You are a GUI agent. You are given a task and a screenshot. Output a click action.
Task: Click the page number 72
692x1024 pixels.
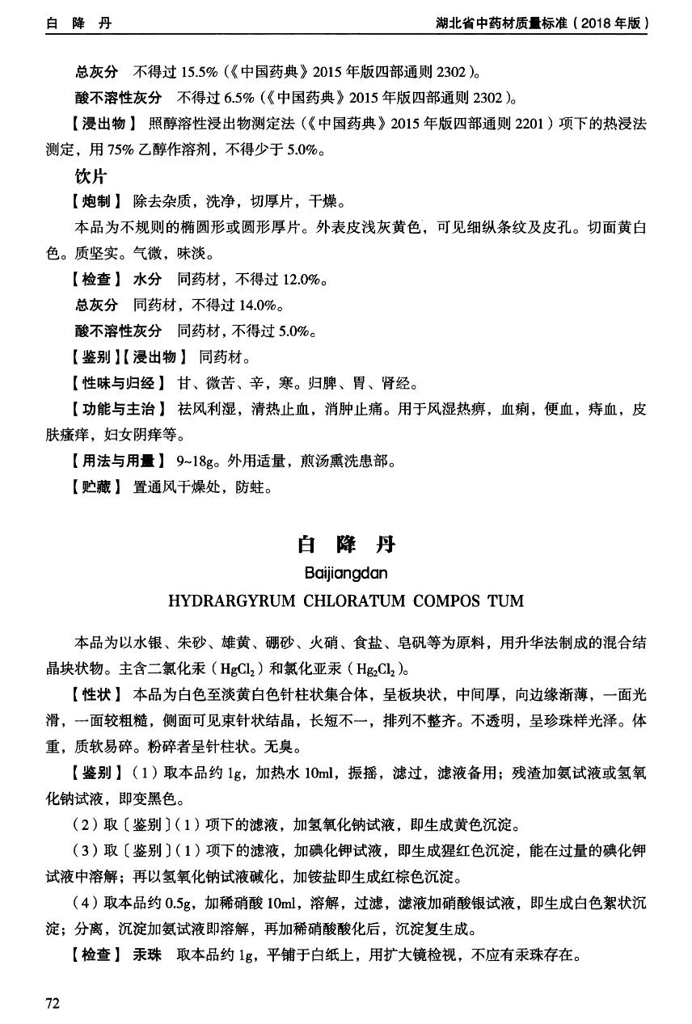click(x=53, y=1003)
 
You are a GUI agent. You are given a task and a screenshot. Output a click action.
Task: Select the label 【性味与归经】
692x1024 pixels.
click(x=118, y=382)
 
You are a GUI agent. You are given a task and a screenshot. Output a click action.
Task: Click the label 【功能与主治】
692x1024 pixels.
click(x=118, y=409)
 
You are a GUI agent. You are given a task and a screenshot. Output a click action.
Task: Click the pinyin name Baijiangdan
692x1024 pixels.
click(x=346, y=573)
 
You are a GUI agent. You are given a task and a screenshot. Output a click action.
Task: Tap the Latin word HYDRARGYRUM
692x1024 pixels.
click(x=229, y=601)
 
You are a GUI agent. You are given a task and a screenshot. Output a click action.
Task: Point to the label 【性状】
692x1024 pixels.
click(x=96, y=694)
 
